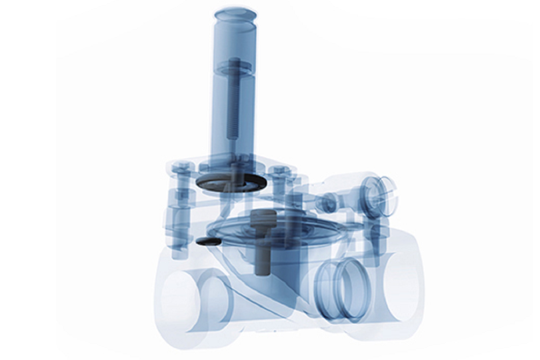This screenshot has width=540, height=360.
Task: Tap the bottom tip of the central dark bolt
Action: click(262, 270)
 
